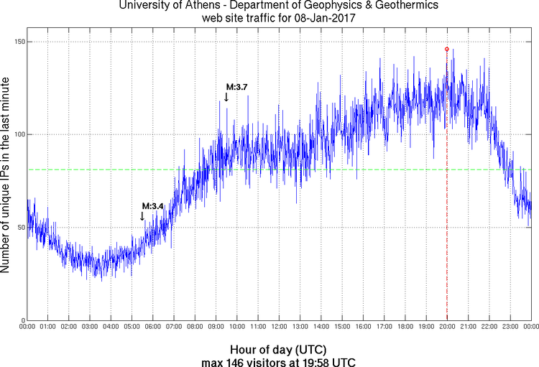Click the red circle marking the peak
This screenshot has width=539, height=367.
[x=446, y=50]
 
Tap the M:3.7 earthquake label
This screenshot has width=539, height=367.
[x=237, y=87]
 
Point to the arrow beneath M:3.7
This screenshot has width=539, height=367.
[x=226, y=97]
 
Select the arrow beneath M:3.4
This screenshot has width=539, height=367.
[x=142, y=215]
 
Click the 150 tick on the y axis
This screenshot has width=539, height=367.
[x=19, y=42]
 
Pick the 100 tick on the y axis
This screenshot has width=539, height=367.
[x=19, y=135]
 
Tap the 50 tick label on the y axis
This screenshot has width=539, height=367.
[x=21, y=228]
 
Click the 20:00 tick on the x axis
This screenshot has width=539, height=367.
[x=447, y=327]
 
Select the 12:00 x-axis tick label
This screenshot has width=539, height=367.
[x=279, y=327]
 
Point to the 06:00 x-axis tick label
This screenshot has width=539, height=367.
[x=153, y=327]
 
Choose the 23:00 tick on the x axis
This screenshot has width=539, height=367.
[x=510, y=327]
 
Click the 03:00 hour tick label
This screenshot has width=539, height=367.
[x=90, y=327]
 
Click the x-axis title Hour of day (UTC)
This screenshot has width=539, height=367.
[x=278, y=348]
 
